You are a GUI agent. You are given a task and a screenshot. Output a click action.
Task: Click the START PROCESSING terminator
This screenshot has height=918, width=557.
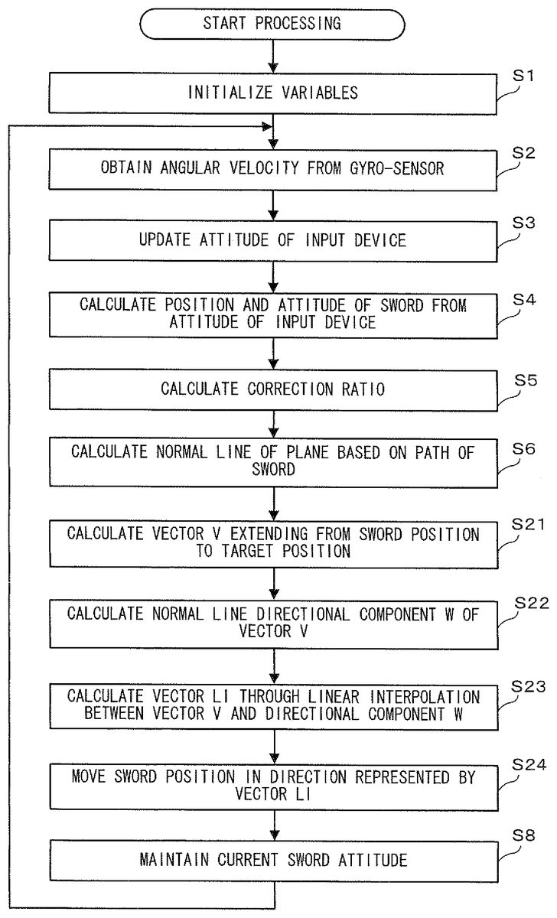tap(272, 23)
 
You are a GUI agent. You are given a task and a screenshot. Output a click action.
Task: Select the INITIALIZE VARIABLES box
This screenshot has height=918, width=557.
tap(272, 93)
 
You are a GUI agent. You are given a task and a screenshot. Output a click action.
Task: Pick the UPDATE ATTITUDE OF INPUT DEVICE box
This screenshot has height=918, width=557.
tap(272, 240)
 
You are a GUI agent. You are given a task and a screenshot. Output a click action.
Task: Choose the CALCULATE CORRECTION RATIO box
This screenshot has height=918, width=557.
tap(272, 389)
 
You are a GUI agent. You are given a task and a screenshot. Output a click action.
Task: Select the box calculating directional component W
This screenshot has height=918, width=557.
tap(272, 623)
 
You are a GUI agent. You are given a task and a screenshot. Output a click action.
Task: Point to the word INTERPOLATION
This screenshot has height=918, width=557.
tap(454, 697)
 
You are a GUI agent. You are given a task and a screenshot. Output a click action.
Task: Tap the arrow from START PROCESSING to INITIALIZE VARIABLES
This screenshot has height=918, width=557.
tap(272, 57)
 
